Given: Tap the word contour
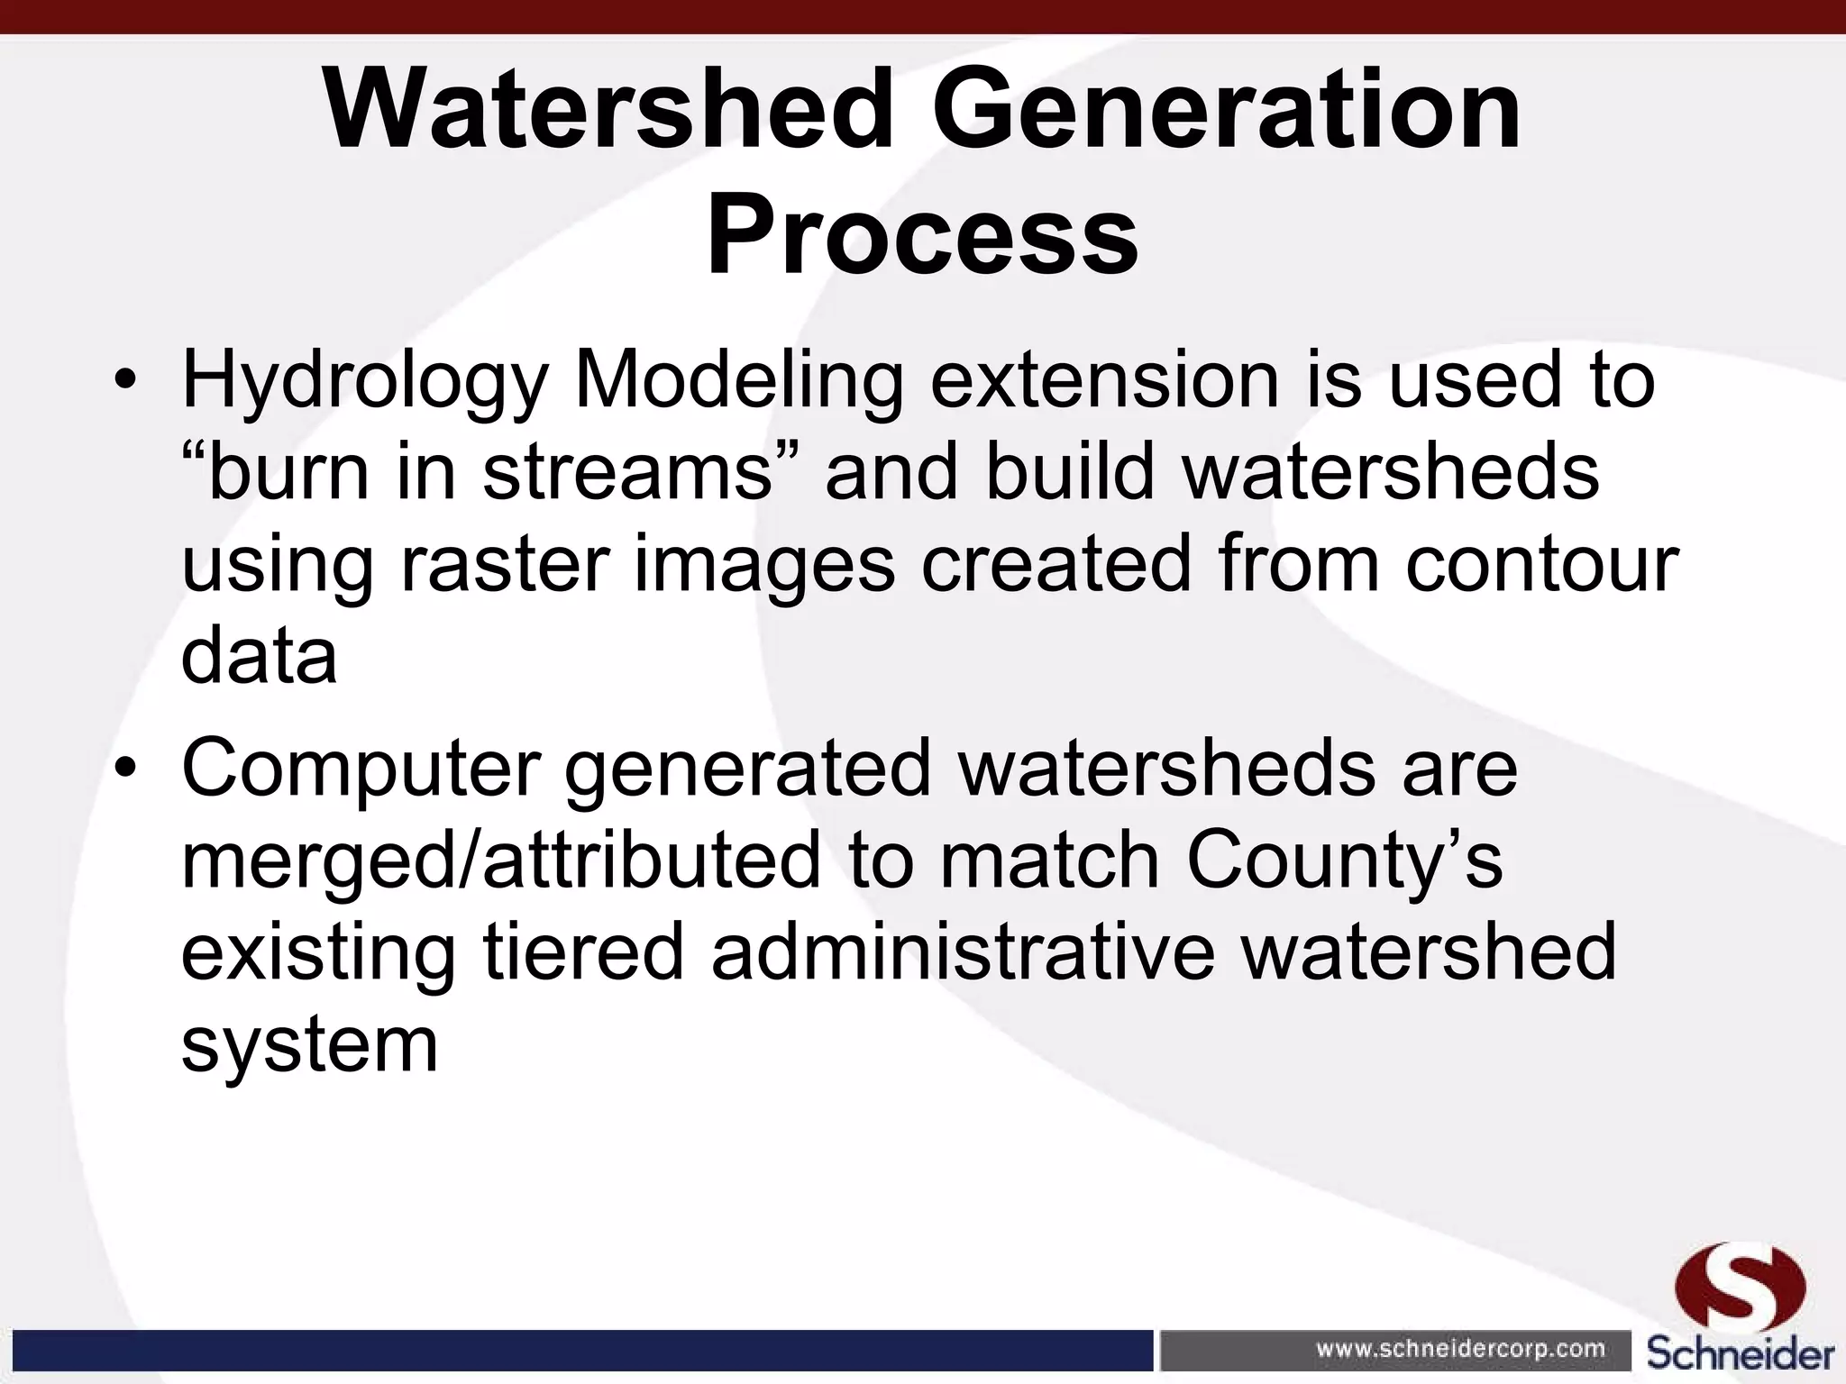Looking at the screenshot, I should pos(1541,565).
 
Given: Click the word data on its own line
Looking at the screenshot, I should pos(260,657).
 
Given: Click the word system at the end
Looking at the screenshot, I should pos(309,1047).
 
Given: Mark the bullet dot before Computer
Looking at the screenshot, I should pos(125,769).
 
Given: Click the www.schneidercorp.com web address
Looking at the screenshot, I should pos(1461,1349).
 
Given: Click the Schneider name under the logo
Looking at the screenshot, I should pos(1741,1352).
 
